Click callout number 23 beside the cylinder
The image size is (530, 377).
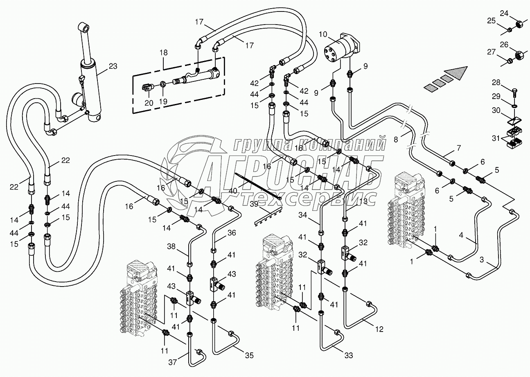tap(113, 66)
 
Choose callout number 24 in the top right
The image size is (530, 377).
tap(504, 14)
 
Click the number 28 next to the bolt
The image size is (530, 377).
tap(496, 83)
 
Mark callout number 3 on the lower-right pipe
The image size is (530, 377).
tap(481, 260)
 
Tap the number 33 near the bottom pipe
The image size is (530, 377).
tap(349, 355)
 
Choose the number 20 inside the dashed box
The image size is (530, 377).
tap(149, 103)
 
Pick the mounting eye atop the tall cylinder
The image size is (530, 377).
tap(85, 29)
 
